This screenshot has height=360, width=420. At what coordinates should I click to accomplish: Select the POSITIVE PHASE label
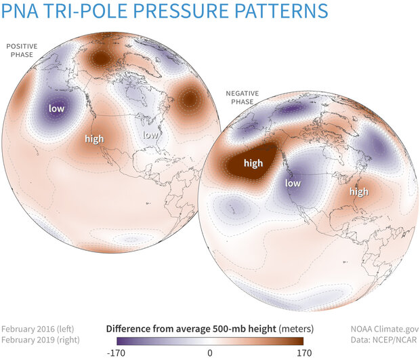tap(22, 50)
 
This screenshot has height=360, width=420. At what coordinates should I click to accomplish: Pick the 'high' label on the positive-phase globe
tap(94, 139)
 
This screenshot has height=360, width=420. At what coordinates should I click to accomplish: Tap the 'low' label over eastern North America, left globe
tap(150, 135)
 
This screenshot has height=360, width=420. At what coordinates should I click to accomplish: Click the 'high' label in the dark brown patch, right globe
tap(253, 164)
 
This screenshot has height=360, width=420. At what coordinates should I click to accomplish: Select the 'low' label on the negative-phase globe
tap(293, 183)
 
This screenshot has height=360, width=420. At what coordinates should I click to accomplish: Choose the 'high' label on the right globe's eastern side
tap(358, 192)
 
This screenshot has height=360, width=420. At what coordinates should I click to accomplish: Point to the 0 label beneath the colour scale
tap(210, 353)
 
